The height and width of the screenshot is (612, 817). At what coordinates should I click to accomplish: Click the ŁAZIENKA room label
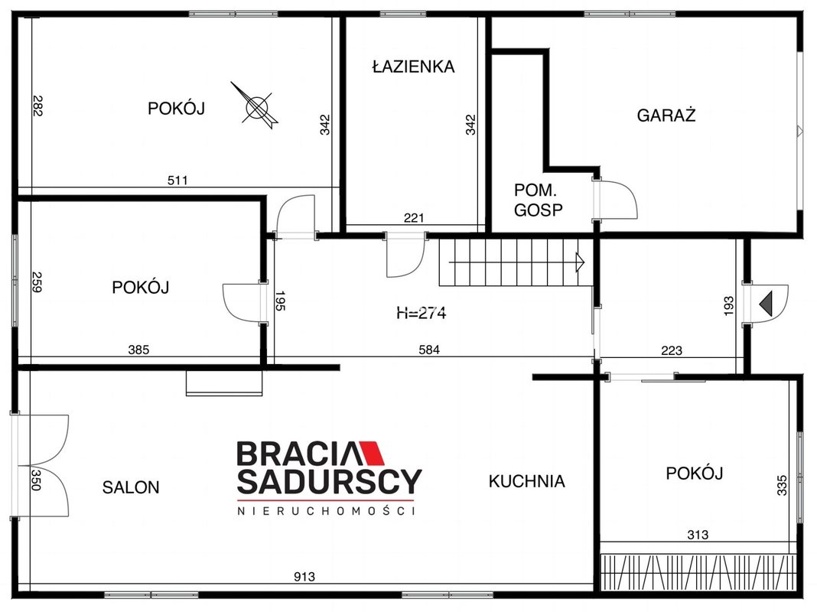click(413, 66)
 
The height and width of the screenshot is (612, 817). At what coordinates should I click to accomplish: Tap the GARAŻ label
click(666, 115)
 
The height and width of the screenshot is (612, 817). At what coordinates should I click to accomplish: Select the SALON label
click(131, 487)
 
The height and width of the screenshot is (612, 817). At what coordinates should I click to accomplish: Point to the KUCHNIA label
click(527, 480)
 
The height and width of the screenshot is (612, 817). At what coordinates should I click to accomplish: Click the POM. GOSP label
click(539, 200)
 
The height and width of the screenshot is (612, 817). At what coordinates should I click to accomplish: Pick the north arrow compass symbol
click(256, 106)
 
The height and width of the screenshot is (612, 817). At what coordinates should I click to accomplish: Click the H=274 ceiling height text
click(421, 313)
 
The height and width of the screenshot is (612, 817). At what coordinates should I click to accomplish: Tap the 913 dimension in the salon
click(304, 577)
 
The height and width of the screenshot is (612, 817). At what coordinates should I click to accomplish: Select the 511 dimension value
click(177, 181)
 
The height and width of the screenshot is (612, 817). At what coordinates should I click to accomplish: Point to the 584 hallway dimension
click(429, 350)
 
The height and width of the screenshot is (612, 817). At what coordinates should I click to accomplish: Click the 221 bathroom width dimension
click(414, 218)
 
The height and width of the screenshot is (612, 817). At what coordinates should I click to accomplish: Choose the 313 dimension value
click(698, 535)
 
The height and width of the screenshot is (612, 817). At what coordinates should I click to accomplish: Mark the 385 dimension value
click(138, 350)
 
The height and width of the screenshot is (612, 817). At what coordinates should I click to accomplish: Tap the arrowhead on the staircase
click(579, 262)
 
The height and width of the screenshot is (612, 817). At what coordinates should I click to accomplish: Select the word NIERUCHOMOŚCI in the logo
click(327, 511)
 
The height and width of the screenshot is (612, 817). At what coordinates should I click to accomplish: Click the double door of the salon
click(41, 466)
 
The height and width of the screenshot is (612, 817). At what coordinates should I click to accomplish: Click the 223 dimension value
click(672, 350)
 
